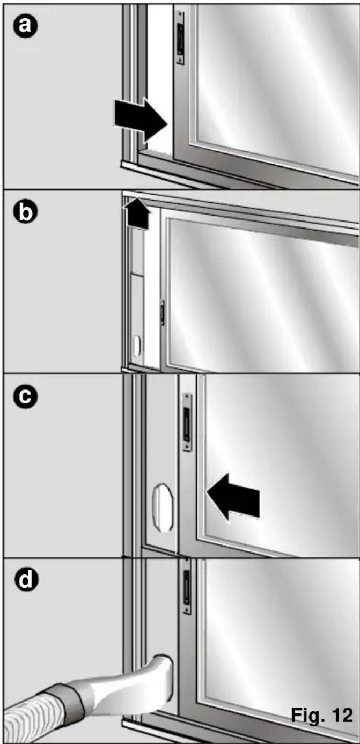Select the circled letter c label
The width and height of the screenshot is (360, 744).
[25, 397]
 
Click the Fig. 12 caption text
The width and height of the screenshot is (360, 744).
[321, 714]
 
